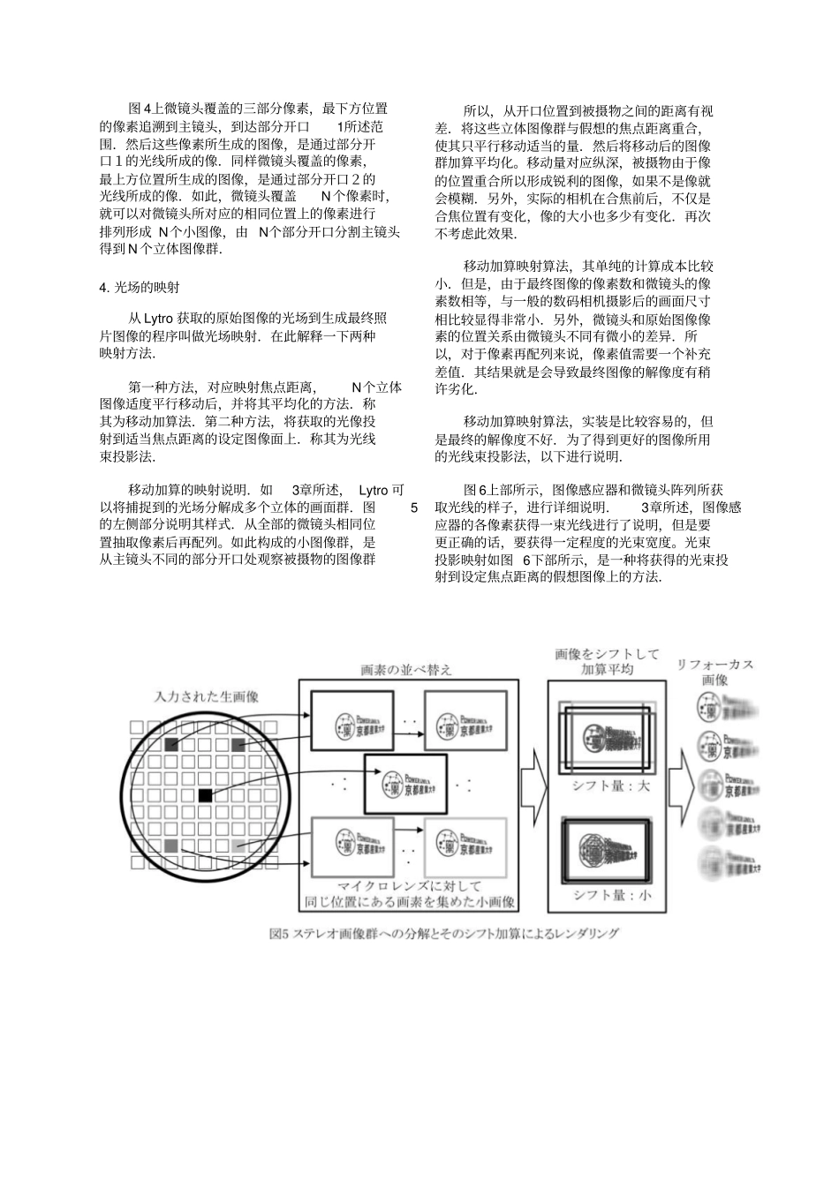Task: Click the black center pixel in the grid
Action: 205,795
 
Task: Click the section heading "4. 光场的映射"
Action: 140,287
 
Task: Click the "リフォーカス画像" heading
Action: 715,672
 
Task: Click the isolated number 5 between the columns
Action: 414,507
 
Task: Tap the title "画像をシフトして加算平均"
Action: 608,661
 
